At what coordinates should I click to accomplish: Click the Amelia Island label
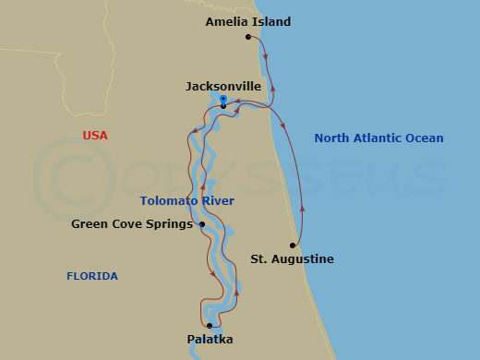[248, 21]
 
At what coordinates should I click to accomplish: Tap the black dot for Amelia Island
[248, 37]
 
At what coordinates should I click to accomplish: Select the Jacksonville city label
[223, 87]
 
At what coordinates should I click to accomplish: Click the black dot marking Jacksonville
[223, 107]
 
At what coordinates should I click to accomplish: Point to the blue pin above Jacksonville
[224, 98]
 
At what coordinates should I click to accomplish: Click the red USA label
[95, 136]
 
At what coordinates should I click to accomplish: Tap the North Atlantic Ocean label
[378, 138]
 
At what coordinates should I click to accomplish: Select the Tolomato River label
[187, 201]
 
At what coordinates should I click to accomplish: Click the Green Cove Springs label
[132, 223]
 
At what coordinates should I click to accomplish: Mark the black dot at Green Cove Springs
[202, 223]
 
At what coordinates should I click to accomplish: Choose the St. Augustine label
[292, 259]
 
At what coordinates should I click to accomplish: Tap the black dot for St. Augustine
[293, 246]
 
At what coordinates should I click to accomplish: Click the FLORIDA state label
[92, 276]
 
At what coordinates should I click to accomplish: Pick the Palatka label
[210, 340]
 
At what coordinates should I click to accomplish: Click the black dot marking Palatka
[210, 326]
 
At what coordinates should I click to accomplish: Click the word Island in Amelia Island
[272, 21]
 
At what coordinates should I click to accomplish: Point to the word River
[217, 201]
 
